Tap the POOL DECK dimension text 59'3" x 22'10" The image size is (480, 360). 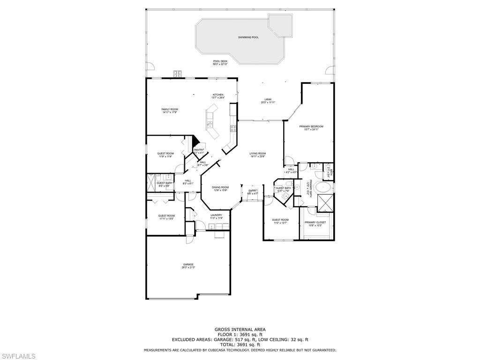coord(220,64)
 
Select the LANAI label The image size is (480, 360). coord(268,99)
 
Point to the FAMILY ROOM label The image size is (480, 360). coord(170,109)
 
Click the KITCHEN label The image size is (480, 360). coord(218,95)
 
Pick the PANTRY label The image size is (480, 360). coord(199,150)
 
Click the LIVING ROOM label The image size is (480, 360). coord(257,153)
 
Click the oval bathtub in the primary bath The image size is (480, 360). coord(324,188)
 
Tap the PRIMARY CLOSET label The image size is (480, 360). coord(315,222)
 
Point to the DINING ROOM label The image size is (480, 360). coord(221,187)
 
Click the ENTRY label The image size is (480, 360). coord(253,190)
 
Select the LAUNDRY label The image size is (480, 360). coord(216,215)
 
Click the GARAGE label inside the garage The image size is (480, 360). coord(188,264)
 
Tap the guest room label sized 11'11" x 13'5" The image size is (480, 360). coord(166,216)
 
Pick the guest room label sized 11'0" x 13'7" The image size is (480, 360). coord(281,219)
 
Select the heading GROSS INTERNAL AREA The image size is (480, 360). coord(240,330)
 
